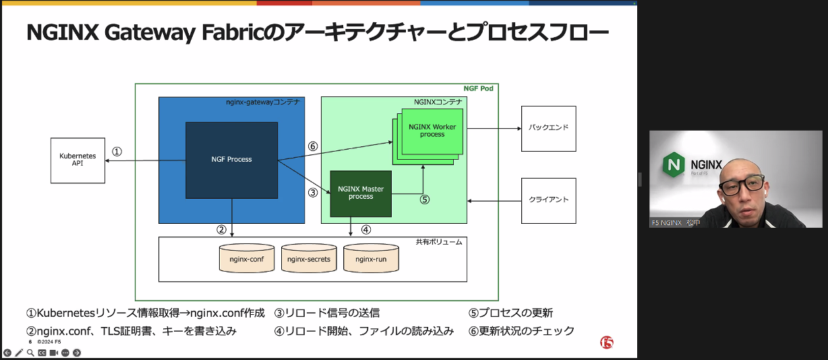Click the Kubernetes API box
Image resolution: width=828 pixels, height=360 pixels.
(x=78, y=160)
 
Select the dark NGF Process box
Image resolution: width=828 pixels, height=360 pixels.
(x=231, y=160)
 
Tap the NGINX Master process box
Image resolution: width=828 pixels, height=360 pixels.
(x=361, y=193)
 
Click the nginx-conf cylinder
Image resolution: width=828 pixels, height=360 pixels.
(x=247, y=258)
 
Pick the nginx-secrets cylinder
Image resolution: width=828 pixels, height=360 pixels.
(x=309, y=258)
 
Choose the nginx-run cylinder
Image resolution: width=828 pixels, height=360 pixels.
(x=371, y=258)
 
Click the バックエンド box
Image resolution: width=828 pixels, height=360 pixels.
(x=549, y=129)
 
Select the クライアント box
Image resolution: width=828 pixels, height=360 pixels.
(x=549, y=201)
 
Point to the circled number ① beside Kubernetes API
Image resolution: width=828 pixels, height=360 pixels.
(x=117, y=152)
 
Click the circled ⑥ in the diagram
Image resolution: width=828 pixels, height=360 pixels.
(x=313, y=146)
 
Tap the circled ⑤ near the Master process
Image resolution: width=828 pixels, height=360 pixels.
(x=424, y=200)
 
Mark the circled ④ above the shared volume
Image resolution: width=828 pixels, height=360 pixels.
(x=365, y=230)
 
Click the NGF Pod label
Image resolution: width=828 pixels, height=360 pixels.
(x=478, y=89)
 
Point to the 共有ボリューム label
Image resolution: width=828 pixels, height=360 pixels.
(x=439, y=242)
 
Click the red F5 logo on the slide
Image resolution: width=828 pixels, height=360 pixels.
(x=607, y=342)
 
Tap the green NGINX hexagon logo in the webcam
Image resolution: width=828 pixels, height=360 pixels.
(x=674, y=164)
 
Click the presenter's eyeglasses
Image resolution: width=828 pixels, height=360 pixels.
(x=741, y=185)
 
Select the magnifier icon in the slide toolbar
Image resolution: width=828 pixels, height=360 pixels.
(x=31, y=353)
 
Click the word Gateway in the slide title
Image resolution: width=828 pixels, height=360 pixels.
(x=150, y=32)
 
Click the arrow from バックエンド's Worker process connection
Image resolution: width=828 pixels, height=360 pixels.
(x=494, y=129)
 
